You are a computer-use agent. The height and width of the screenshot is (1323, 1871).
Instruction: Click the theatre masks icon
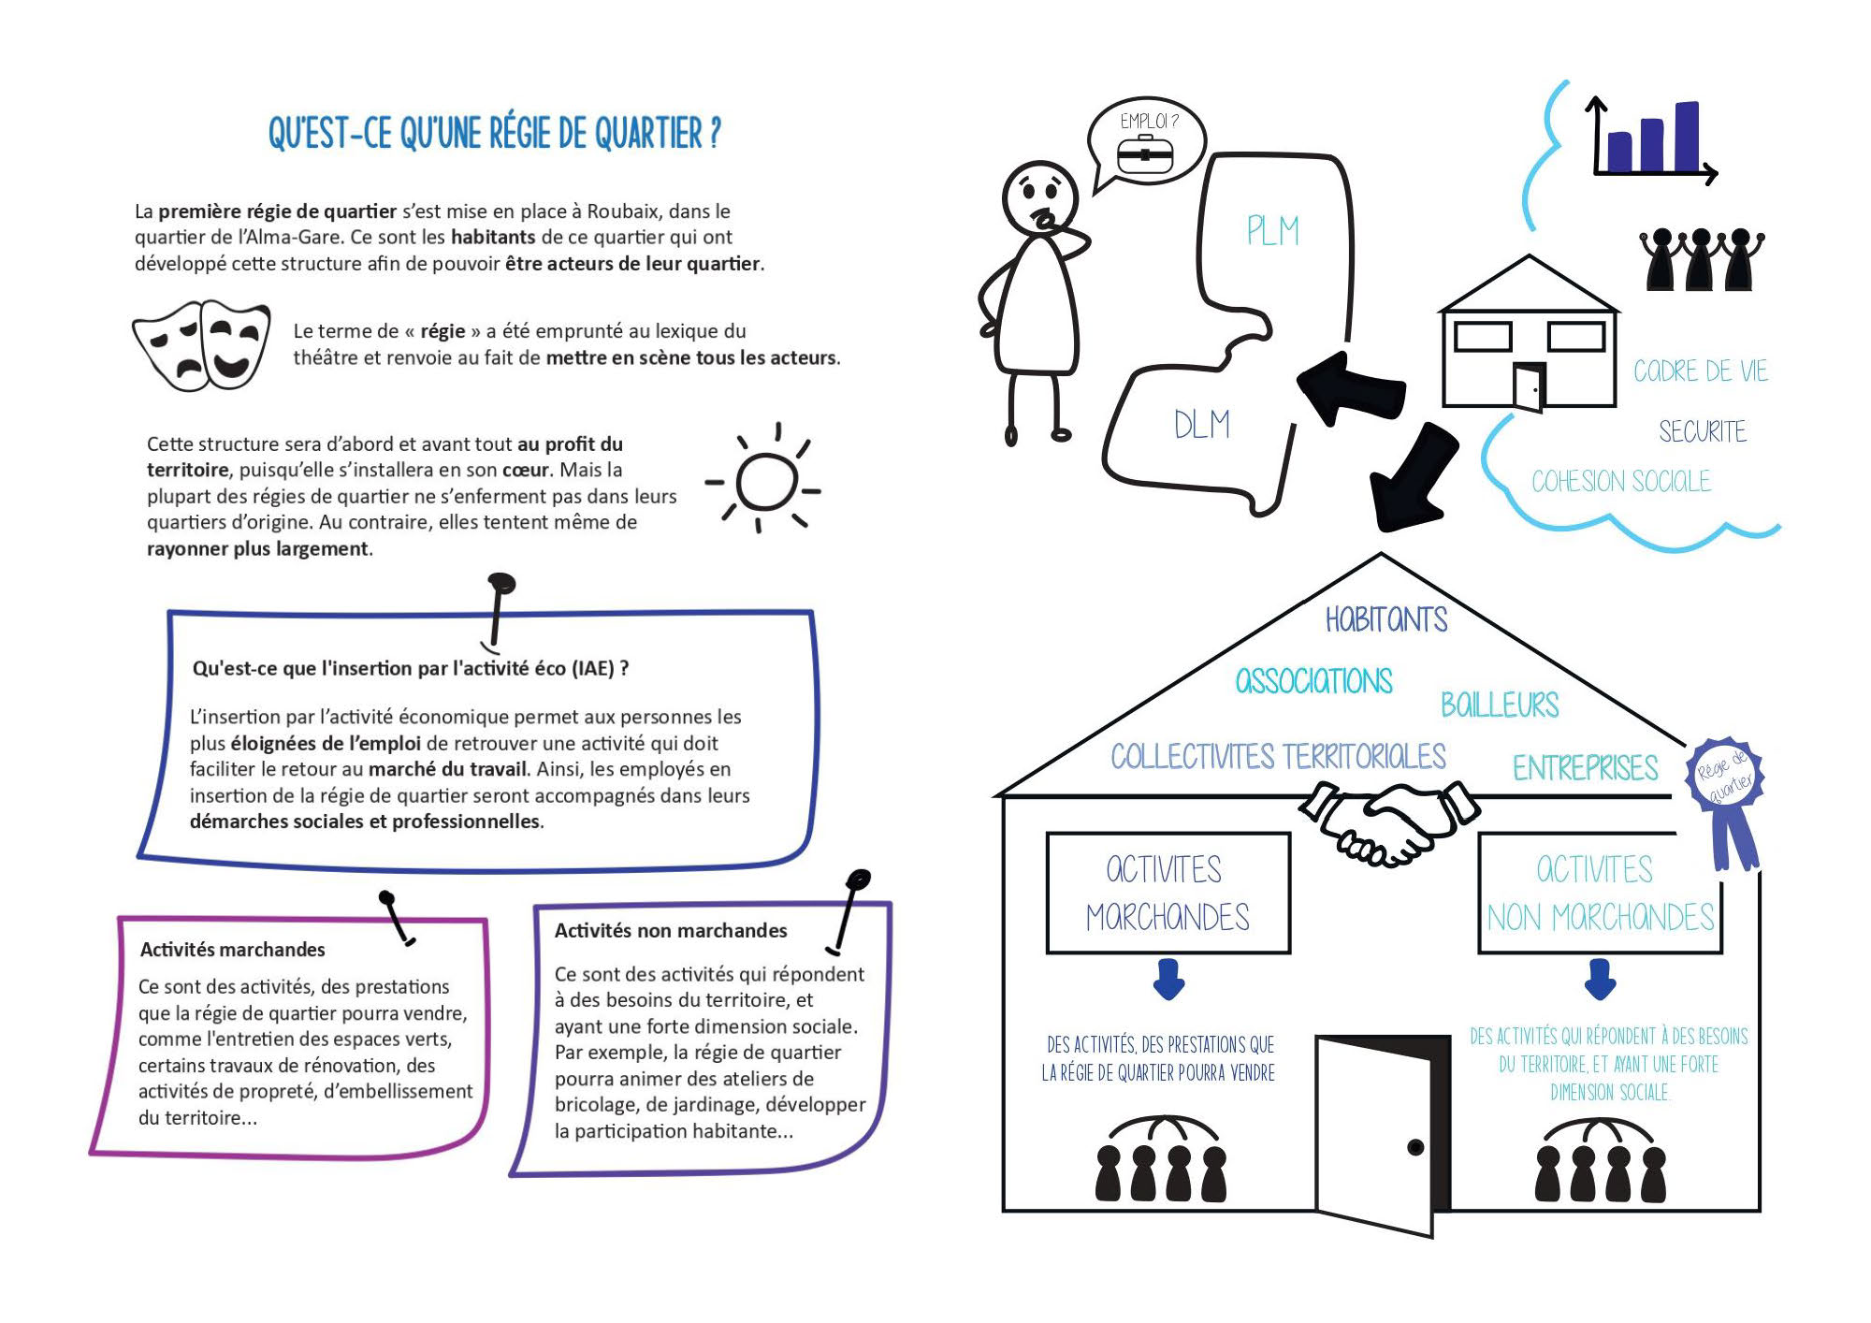pos(201,344)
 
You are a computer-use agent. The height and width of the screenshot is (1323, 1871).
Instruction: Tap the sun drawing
pos(765,479)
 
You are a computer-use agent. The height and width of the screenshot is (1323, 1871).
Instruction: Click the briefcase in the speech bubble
pos(1144,154)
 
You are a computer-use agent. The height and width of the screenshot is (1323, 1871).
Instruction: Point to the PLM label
pos(1272,230)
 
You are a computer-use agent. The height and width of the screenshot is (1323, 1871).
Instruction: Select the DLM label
pos(1202,425)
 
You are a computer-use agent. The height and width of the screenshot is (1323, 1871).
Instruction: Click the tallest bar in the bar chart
pos(1687,137)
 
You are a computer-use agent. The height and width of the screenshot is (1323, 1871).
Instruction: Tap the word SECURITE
pos(1703,431)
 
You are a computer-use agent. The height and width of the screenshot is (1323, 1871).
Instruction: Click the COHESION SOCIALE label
pos(1621,481)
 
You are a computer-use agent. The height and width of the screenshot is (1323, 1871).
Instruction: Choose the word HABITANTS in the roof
pos(1386,619)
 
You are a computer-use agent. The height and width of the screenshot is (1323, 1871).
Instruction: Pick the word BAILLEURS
pos(1500,705)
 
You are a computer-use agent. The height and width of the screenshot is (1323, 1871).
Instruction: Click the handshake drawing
pos(1389,821)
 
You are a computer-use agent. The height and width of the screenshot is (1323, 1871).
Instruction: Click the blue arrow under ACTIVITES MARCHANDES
pos(1168,979)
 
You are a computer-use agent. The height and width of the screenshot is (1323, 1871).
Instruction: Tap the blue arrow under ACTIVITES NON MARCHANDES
pos(1600,979)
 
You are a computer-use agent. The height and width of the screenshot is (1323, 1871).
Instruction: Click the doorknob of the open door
pos(1415,1147)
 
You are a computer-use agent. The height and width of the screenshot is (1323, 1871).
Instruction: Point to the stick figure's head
pos(1040,197)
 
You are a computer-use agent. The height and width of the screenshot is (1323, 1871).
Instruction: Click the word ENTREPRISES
pos(1586,768)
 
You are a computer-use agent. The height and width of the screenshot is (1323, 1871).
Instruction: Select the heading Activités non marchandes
pos(671,930)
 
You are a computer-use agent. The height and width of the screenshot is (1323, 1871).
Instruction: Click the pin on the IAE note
pos(499,608)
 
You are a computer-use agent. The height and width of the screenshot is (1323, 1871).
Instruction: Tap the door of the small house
pos(1530,386)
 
